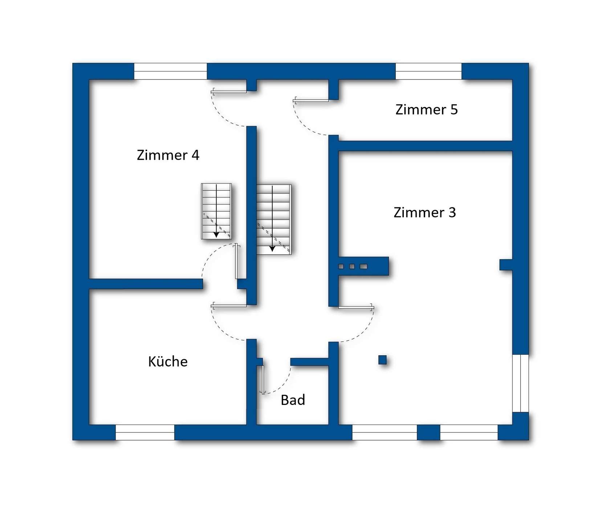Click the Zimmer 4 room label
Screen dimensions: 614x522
click(168, 155)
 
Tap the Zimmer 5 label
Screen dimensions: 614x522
click(426, 109)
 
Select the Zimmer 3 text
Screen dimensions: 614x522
click(424, 212)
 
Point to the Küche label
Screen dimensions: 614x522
click(168, 361)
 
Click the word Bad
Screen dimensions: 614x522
click(293, 400)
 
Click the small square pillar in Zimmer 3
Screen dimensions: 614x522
click(382, 360)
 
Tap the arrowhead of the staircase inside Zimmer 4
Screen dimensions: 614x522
click(216, 235)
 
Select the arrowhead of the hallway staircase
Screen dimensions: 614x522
click(272, 249)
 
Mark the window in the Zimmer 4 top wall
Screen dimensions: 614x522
click(170, 71)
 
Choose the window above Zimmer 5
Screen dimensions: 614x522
click(428, 71)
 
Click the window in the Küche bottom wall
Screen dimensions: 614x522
click(145, 432)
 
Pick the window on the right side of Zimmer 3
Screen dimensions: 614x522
click(520, 383)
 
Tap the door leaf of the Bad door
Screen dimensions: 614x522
click(261, 379)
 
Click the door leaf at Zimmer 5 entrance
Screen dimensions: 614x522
click(312, 100)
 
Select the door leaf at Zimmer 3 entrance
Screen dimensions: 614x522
click(356, 308)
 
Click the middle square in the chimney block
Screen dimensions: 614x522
click(352, 266)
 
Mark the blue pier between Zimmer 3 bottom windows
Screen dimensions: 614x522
click(428, 432)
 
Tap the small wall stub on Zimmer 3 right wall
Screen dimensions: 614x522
click(506, 265)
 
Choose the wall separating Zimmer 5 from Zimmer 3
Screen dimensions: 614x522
click(425, 146)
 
